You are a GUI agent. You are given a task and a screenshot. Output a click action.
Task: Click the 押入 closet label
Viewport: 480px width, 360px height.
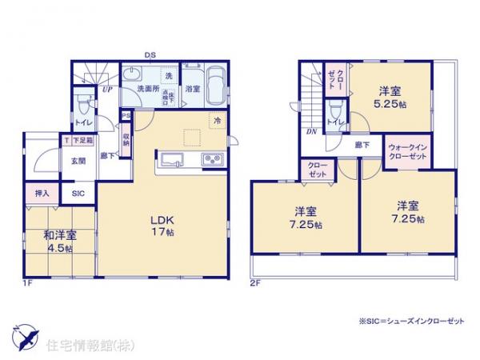click(x=43, y=193)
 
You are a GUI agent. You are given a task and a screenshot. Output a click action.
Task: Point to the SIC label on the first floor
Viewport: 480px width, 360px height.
click(x=78, y=193)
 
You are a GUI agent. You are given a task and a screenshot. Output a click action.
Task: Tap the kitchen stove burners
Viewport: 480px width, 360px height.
click(x=213, y=160)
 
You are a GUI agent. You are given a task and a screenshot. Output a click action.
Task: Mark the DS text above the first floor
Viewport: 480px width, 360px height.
click(x=150, y=54)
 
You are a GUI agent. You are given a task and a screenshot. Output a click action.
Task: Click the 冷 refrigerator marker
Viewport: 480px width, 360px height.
click(x=216, y=120)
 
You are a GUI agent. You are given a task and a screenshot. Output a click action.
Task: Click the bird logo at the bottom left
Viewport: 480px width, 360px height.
click(x=23, y=336)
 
